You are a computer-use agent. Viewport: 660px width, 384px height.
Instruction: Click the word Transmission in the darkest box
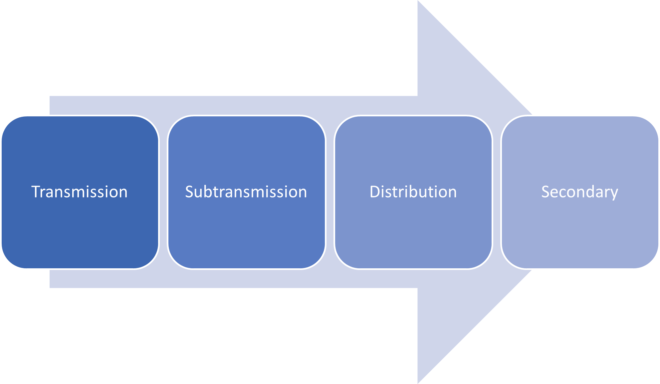coord(80,192)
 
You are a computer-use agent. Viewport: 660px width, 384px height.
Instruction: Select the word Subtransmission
coord(246,192)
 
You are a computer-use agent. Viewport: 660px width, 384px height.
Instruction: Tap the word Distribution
coord(413,192)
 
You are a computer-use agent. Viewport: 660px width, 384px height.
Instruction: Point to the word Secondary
coord(579,192)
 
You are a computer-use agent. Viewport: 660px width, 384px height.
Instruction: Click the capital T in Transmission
coord(35,192)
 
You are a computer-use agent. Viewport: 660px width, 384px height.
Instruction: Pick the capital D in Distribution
coord(374,192)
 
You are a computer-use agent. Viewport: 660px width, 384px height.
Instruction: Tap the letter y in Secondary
coord(614,193)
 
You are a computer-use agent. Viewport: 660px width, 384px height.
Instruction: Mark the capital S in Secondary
coord(545,192)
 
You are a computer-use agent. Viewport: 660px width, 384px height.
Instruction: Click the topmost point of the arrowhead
coord(418,1)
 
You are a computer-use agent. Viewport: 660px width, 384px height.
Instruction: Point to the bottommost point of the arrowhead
coord(418,383)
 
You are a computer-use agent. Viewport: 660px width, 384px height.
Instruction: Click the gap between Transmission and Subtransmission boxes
coord(163,192)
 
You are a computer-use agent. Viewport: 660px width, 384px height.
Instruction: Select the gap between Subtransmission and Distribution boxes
coord(330,192)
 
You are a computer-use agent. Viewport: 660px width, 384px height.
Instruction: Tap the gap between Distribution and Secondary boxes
coord(497,192)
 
